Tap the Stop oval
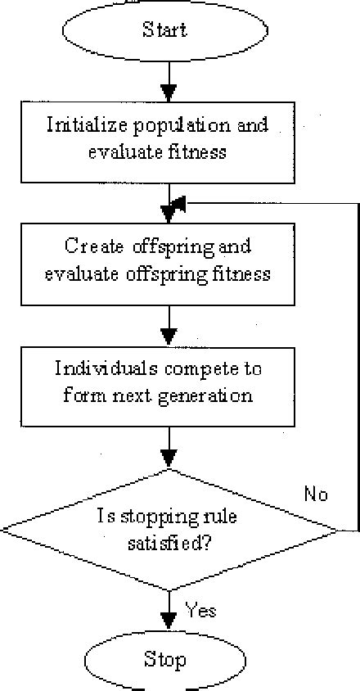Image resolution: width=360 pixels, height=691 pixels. pos(165,660)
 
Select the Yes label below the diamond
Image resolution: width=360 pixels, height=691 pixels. pos(200,611)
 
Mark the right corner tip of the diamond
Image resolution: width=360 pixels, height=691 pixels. pos(336,531)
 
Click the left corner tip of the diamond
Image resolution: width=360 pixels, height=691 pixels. pos(2,531)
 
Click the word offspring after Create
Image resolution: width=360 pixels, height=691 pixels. pos(182,246)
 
